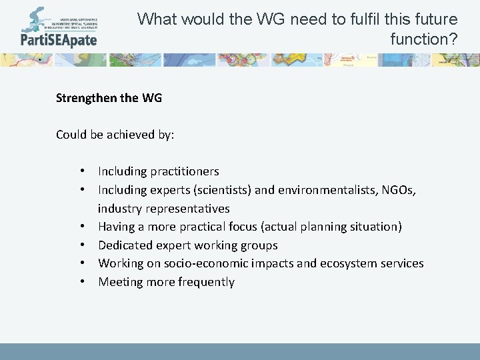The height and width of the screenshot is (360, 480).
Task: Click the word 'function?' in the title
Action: point(424,39)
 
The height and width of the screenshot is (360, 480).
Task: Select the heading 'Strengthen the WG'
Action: point(109,98)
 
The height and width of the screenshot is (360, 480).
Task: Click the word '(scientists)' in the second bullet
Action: point(221,191)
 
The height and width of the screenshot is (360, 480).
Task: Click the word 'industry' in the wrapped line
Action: point(119,209)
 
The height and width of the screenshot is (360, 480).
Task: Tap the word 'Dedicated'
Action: point(125,245)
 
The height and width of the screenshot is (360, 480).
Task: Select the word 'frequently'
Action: point(204,282)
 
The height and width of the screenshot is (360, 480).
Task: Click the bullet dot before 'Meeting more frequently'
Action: point(81,282)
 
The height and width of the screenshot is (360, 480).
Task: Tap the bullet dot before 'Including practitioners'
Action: point(81,172)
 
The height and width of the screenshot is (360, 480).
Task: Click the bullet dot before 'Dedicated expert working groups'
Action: point(81,245)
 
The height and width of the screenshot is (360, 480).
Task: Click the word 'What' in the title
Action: point(157,19)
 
